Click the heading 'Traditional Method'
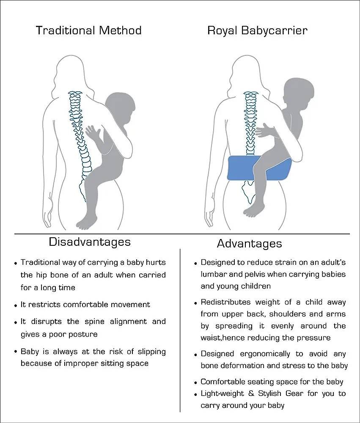point(88,30)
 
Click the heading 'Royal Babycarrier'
point(257,30)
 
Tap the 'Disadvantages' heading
point(90,242)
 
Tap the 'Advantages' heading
point(249,243)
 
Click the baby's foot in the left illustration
point(86,223)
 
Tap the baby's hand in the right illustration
point(263,130)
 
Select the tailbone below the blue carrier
point(249,192)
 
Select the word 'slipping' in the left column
point(152,352)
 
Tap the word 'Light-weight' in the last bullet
point(222,393)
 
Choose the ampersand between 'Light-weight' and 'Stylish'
point(251,393)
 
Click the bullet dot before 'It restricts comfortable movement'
point(16,306)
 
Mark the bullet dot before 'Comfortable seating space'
point(195,383)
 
